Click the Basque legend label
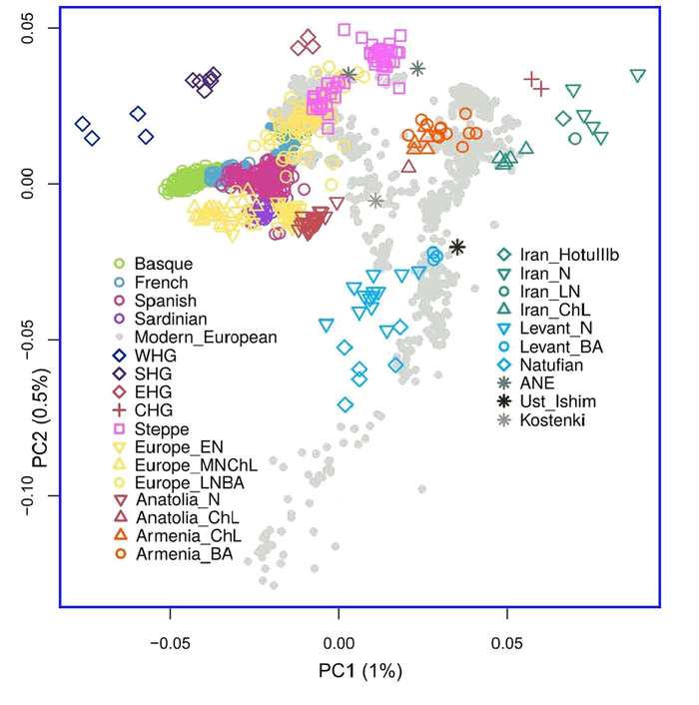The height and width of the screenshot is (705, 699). [165, 265]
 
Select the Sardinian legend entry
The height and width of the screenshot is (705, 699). [170, 319]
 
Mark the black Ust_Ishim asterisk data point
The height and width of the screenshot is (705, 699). [457, 247]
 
